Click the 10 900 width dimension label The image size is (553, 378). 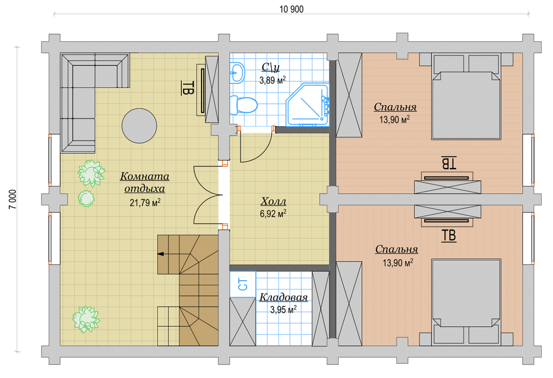pos(291,9)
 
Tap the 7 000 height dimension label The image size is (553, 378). pos(12,199)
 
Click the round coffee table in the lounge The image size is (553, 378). pos(139,126)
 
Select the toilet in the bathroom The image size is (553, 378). pos(243,105)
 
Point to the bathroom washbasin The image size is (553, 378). pos(237,73)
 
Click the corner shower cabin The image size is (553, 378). pos(308,105)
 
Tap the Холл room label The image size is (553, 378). pos(273,201)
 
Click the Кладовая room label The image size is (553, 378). pos(283,297)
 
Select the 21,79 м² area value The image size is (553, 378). pos(145,203)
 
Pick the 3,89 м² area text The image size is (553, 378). pos(273,80)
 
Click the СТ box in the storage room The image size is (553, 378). pos(243,284)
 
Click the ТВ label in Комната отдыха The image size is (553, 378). pos(188,88)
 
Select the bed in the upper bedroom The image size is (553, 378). pos(466,96)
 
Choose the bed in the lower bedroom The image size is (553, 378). pos(466,302)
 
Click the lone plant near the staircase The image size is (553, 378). pos(86,319)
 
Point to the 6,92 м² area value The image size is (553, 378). pos(273,213)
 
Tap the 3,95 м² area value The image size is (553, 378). pos(283,309)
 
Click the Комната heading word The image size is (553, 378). pos(145,176)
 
